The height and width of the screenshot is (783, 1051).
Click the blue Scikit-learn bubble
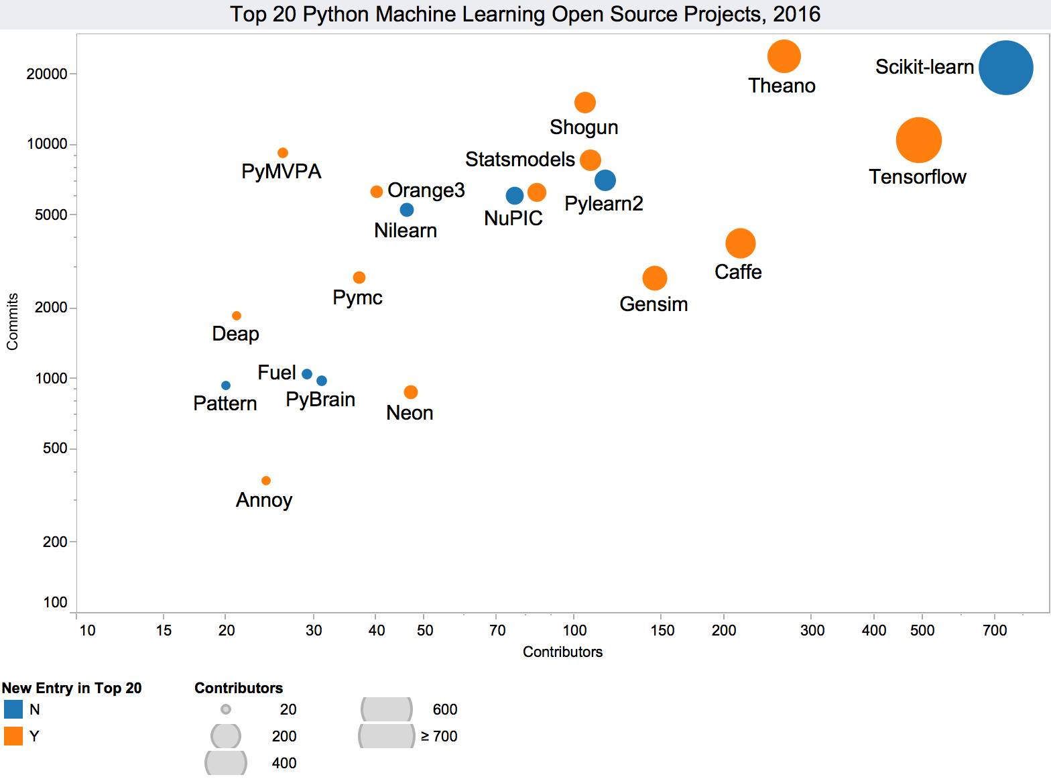[x=1005, y=68]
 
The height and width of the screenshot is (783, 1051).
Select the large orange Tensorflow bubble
[x=918, y=140]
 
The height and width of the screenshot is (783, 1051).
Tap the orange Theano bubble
[x=784, y=56]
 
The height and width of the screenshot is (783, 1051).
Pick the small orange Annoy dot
[x=265, y=481]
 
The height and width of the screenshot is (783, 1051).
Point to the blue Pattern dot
[x=226, y=385]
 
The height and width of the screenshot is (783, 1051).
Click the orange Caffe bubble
[x=740, y=243]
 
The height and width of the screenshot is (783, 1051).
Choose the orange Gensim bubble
[x=654, y=278]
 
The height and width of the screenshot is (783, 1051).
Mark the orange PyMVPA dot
[x=283, y=153]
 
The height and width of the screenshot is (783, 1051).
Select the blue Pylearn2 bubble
[x=605, y=180]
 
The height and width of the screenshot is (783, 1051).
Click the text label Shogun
[x=583, y=127]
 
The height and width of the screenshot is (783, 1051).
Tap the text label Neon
[x=410, y=413]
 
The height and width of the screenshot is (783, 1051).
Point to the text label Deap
[x=235, y=334]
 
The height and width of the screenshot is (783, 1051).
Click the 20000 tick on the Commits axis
[x=47, y=74]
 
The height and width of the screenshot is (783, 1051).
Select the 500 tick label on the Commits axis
[x=55, y=448]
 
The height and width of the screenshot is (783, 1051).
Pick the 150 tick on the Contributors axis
[x=662, y=630]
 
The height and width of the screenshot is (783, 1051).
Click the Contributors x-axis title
[x=562, y=652]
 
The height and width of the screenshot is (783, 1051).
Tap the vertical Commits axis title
[x=12, y=322]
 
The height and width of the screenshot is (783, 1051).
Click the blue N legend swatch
[x=13, y=709]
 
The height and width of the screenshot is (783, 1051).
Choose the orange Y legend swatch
[x=13, y=736]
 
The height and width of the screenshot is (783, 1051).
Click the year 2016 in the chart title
[x=796, y=14]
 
